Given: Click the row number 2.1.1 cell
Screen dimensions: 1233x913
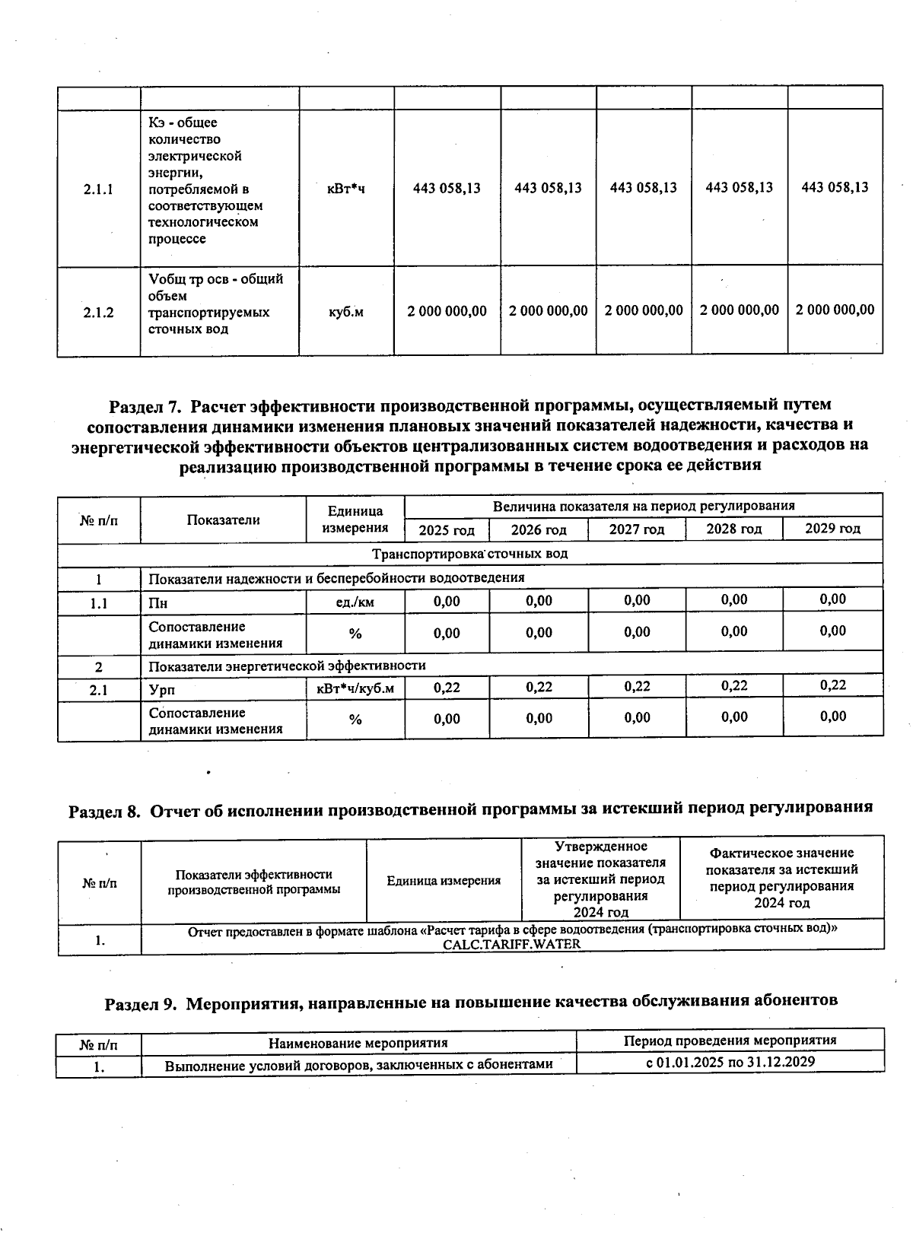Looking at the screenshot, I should [x=98, y=189].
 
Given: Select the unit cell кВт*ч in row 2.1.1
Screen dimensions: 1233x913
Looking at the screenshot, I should [x=345, y=188].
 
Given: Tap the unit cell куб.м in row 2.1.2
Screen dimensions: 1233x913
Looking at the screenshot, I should [x=345, y=312].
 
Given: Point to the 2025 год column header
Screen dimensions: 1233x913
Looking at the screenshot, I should [x=447, y=530].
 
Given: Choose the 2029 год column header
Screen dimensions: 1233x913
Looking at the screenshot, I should [x=832, y=529].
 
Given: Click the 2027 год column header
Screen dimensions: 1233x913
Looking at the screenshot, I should [x=636, y=529].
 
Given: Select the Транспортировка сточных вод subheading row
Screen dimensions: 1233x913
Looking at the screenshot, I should [x=469, y=554].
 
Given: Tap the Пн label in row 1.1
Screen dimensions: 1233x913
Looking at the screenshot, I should [x=158, y=603].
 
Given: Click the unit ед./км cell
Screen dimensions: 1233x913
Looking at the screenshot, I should [x=355, y=602].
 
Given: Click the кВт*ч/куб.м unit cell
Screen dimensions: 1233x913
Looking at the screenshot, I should [x=355, y=688].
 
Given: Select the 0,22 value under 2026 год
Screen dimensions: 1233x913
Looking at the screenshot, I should [x=539, y=687].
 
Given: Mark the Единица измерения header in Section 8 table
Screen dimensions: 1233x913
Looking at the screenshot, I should [x=444, y=881].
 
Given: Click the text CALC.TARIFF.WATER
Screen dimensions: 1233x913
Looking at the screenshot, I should [x=511, y=944].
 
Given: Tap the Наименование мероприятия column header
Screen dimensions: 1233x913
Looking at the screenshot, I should [x=358, y=1043].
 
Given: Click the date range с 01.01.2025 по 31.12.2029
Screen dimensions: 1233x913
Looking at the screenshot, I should [x=730, y=1062].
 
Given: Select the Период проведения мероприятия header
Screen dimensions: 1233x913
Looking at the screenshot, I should [x=730, y=1041].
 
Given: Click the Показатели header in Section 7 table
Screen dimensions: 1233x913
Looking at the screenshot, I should [x=223, y=520].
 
